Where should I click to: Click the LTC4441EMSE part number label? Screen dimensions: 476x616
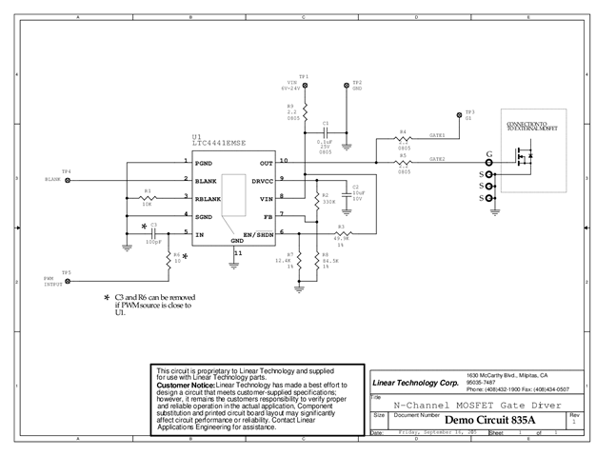tap(218, 142)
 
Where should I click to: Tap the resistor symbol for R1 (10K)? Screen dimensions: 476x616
tap(148, 199)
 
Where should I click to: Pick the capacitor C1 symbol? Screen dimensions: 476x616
tap(326, 131)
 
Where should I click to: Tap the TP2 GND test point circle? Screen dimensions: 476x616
tap(347, 87)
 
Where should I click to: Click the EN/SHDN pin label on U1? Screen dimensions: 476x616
tap(257, 234)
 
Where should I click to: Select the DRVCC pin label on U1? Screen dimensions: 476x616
tap(263, 181)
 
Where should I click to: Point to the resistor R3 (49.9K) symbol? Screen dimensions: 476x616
tap(342, 234)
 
